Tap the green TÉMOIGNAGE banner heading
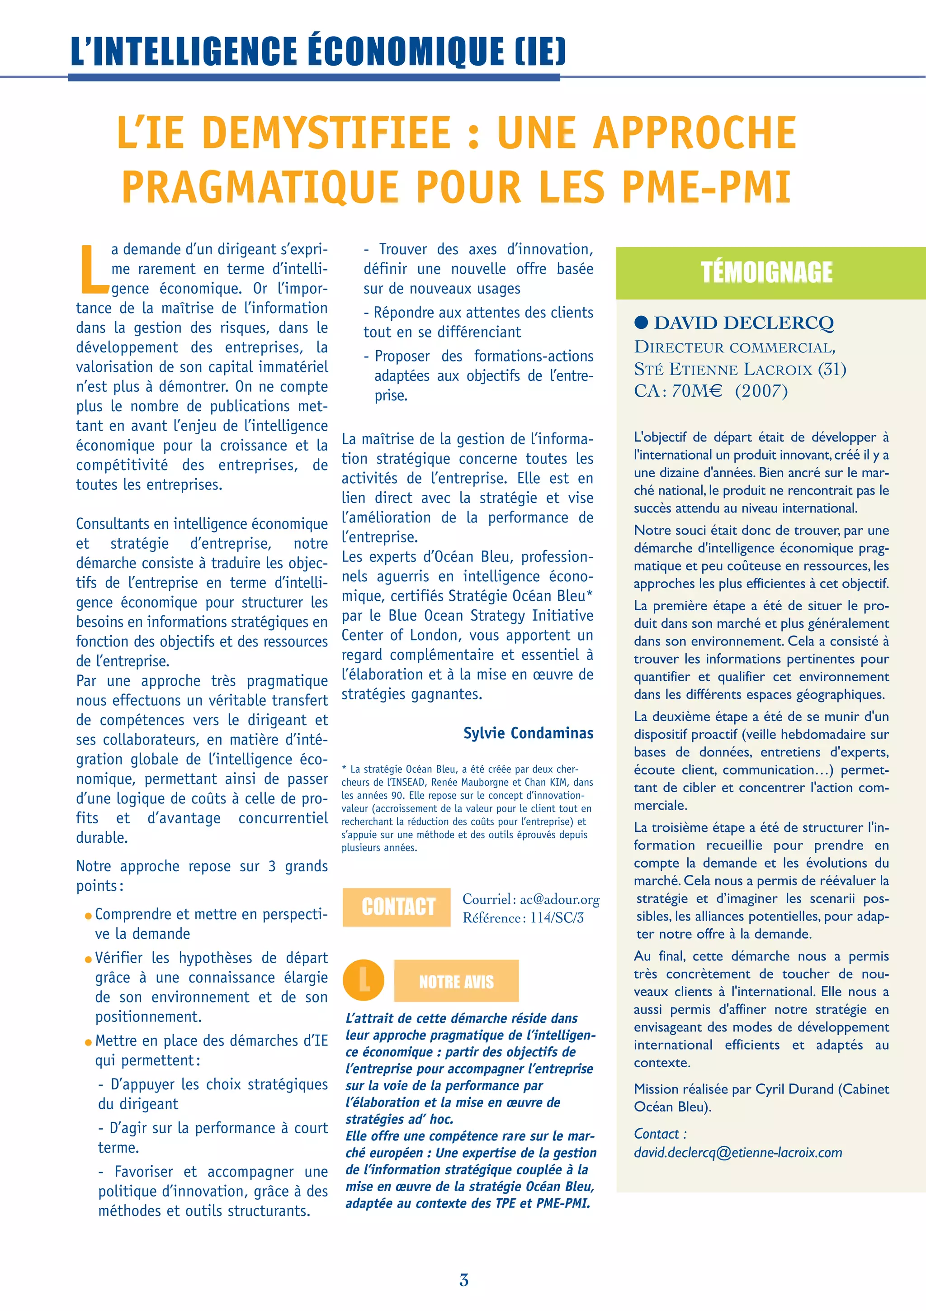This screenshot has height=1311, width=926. (766, 272)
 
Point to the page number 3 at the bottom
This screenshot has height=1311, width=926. (464, 1280)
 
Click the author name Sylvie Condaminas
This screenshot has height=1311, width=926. (528, 733)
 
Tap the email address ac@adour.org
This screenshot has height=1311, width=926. (560, 899)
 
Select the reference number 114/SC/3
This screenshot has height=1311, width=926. (557, 918)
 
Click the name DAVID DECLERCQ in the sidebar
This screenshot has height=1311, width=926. (743, 323)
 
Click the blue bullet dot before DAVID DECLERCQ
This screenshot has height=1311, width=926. (641, 323)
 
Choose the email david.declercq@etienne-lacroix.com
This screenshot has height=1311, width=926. (738, 1152)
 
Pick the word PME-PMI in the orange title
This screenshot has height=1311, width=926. (706, 187)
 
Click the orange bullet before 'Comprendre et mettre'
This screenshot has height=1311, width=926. (88, 917)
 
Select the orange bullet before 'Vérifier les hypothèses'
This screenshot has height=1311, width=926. (88, 960)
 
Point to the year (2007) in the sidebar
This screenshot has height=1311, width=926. (761, 392)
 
